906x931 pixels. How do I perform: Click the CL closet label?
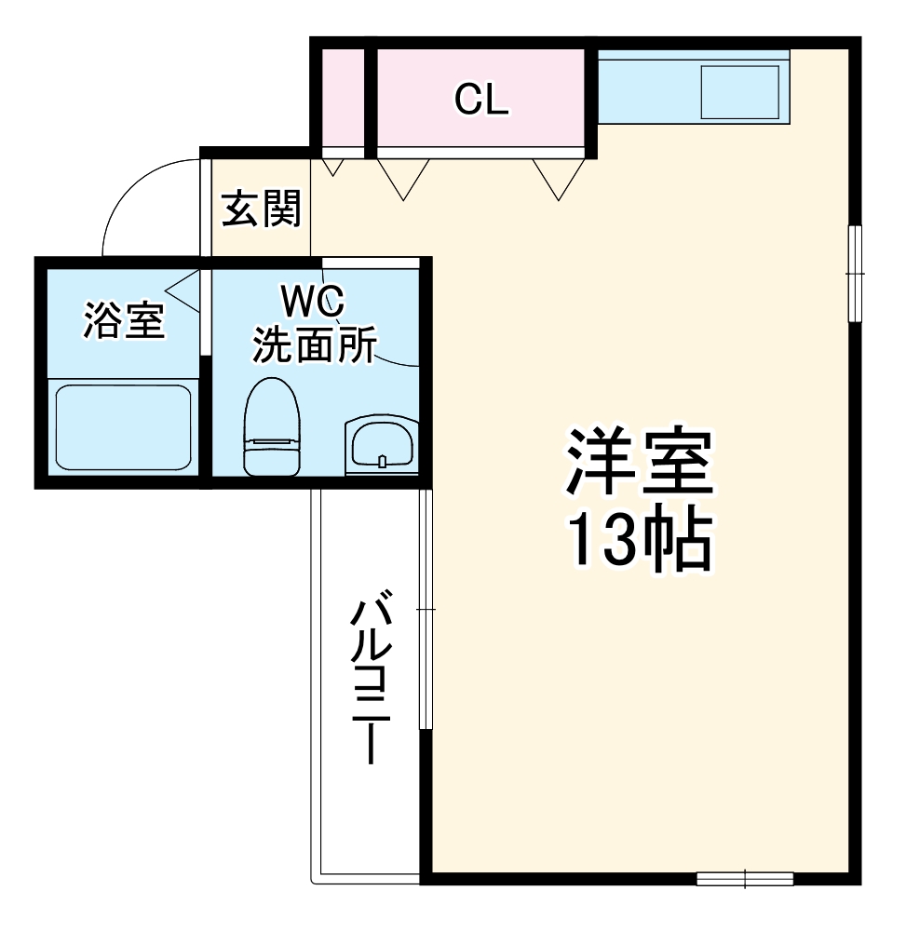tap(481, 100)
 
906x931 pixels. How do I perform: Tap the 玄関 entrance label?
tap(262, 209)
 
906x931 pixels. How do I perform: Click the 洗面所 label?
tap(314, 345)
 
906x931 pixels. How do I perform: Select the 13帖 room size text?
tap(640, 541)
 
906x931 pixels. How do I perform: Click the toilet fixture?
tap(272, 425)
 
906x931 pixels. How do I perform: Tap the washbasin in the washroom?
tap(381, 444)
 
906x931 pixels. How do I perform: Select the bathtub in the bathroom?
tap(123, 428)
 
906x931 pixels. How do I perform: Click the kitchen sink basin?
tap(739, 92)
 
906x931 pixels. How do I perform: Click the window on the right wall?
tap(855, 273)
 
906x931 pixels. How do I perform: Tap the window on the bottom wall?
tap(745, 878)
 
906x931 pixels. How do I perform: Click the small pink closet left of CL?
tap(342, 100)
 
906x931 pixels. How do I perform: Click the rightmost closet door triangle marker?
tap(559, 178)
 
